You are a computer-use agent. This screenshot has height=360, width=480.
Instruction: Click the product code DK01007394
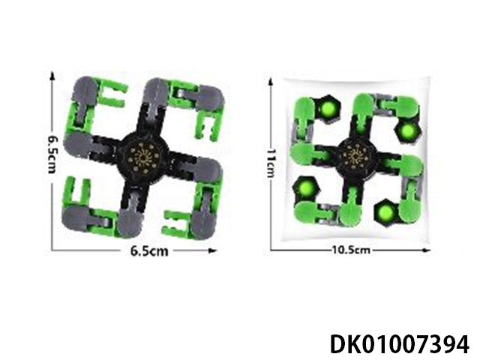pyautogui.click(x=400, y=344)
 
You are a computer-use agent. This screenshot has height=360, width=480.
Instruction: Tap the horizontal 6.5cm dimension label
pyautogui.click(x=149, y=251)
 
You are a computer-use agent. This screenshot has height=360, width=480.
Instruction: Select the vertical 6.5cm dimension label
pyautogui.click(x=52, y=154)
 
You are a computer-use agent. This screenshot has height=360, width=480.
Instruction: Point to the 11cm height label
pyautogui.click(x=271, y=163)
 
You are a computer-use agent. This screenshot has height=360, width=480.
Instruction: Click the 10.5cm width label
pyautogui.click(x=351, y=250)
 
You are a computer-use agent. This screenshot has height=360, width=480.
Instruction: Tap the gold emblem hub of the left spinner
pyautogui.click(x=142, y=157)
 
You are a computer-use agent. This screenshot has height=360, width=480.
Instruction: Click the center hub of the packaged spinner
pyautogui.click(x=356, y=157)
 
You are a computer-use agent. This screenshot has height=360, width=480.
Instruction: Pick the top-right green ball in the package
pyautogui.click(x=408, y=132)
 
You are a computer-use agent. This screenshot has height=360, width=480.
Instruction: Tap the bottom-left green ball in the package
pyautogui.click(x=305, y=187)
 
